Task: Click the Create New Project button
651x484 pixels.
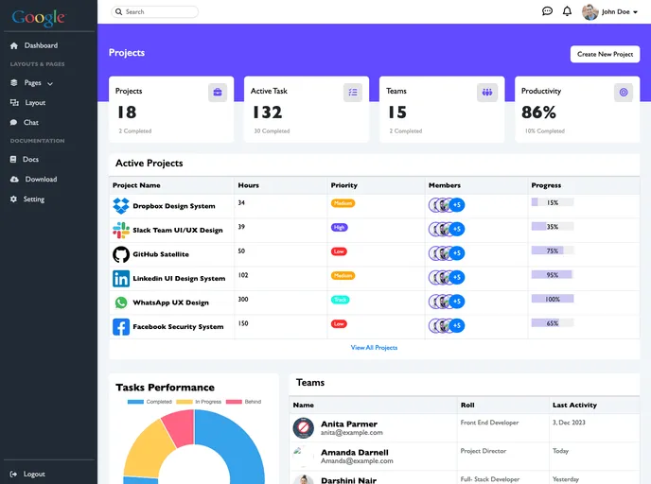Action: [x=605, y=54]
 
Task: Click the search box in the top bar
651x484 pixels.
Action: [x=155, y=12]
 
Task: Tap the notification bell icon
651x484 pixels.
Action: [x=567, y=11]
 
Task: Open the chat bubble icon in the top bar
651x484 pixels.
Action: [x=547, y=11]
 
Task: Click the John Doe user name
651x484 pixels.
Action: [x=616, y=12]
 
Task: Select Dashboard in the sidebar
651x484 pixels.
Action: [x=41, y=45]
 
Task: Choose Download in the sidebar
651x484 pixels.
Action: [x=41, y=179]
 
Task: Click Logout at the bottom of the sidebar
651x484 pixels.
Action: [x=34, y=474]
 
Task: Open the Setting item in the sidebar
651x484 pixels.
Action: [x=34, y=199]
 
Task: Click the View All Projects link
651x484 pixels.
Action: [x=374, y=348]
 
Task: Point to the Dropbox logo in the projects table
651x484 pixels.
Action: [x=121, y=205]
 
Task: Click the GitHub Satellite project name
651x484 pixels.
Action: [x=161, y=254]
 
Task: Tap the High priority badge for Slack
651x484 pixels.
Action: [x=339, y=227]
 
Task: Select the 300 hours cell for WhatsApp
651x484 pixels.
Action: [x=243, y=299]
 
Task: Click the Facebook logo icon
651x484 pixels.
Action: [x=121, y=327]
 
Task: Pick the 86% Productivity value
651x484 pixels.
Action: [x=538, y=112]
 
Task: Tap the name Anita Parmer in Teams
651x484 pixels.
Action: [x=349, y=423]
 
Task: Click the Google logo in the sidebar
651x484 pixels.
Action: [x=39, y=17]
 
